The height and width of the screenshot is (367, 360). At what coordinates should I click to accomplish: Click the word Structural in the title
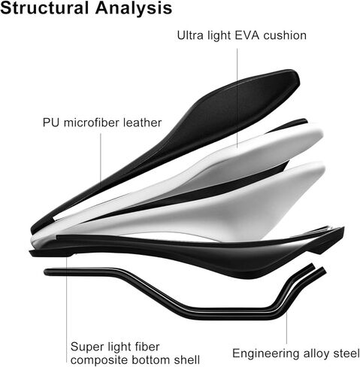tap(44, 8)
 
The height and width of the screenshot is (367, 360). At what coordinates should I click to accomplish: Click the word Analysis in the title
tap(134, 9)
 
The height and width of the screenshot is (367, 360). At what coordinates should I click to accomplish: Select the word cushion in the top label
tap(285, 35)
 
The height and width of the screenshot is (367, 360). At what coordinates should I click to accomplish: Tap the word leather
tap(142, 123)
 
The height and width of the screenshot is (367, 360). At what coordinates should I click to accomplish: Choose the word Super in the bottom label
tap(86, 347)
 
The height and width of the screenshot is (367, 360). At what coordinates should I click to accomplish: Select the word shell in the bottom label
tap(187, 359)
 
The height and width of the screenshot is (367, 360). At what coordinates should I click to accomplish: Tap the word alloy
tap(316, 354)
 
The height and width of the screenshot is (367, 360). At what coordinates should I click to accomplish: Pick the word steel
tap(346, 353)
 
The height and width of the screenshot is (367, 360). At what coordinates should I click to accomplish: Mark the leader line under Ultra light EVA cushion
tap(237, 98)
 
